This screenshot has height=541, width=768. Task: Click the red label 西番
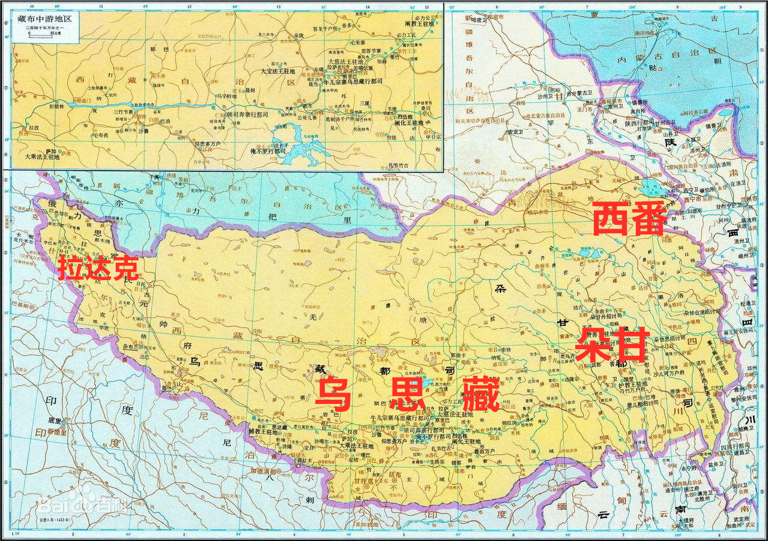pos(629,219)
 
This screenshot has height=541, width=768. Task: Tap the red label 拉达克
pos(98,268)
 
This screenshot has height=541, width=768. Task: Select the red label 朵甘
pos(611,345)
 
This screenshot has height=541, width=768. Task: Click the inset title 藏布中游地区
pos(44,19)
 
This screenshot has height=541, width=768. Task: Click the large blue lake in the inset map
pos(294,150)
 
